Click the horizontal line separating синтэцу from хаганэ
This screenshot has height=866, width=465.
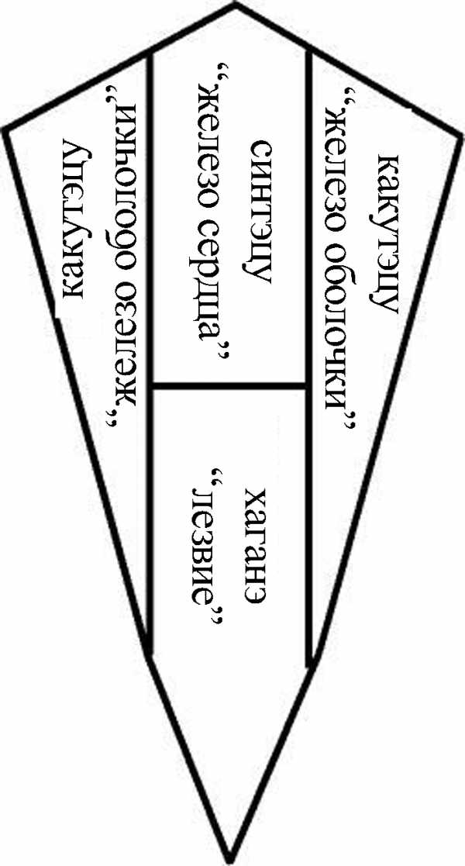(230, 385)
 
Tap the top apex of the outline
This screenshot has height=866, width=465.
(235, 5)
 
